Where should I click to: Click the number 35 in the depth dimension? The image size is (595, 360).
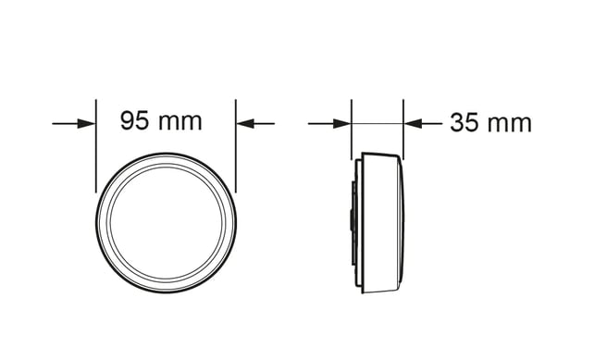pyautogui.click(x=465, y=123)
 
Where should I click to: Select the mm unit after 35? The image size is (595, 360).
pyautogui.click(x=510, y=125)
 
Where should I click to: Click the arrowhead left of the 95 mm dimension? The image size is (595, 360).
pyautogui.click(x=86, y=124)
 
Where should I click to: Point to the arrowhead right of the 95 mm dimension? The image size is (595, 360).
pyautogui.click(x=245, y=124)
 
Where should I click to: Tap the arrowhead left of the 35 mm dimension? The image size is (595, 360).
pyautogui.click(x=341, y=124)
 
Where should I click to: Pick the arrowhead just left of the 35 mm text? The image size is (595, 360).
pyautogui.click(x=413, y=124)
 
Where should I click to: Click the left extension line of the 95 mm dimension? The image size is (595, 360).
pyautogui.click(x=96, y=146)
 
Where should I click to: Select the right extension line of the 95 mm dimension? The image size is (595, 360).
pyautogui.click(x=236, y=146)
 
